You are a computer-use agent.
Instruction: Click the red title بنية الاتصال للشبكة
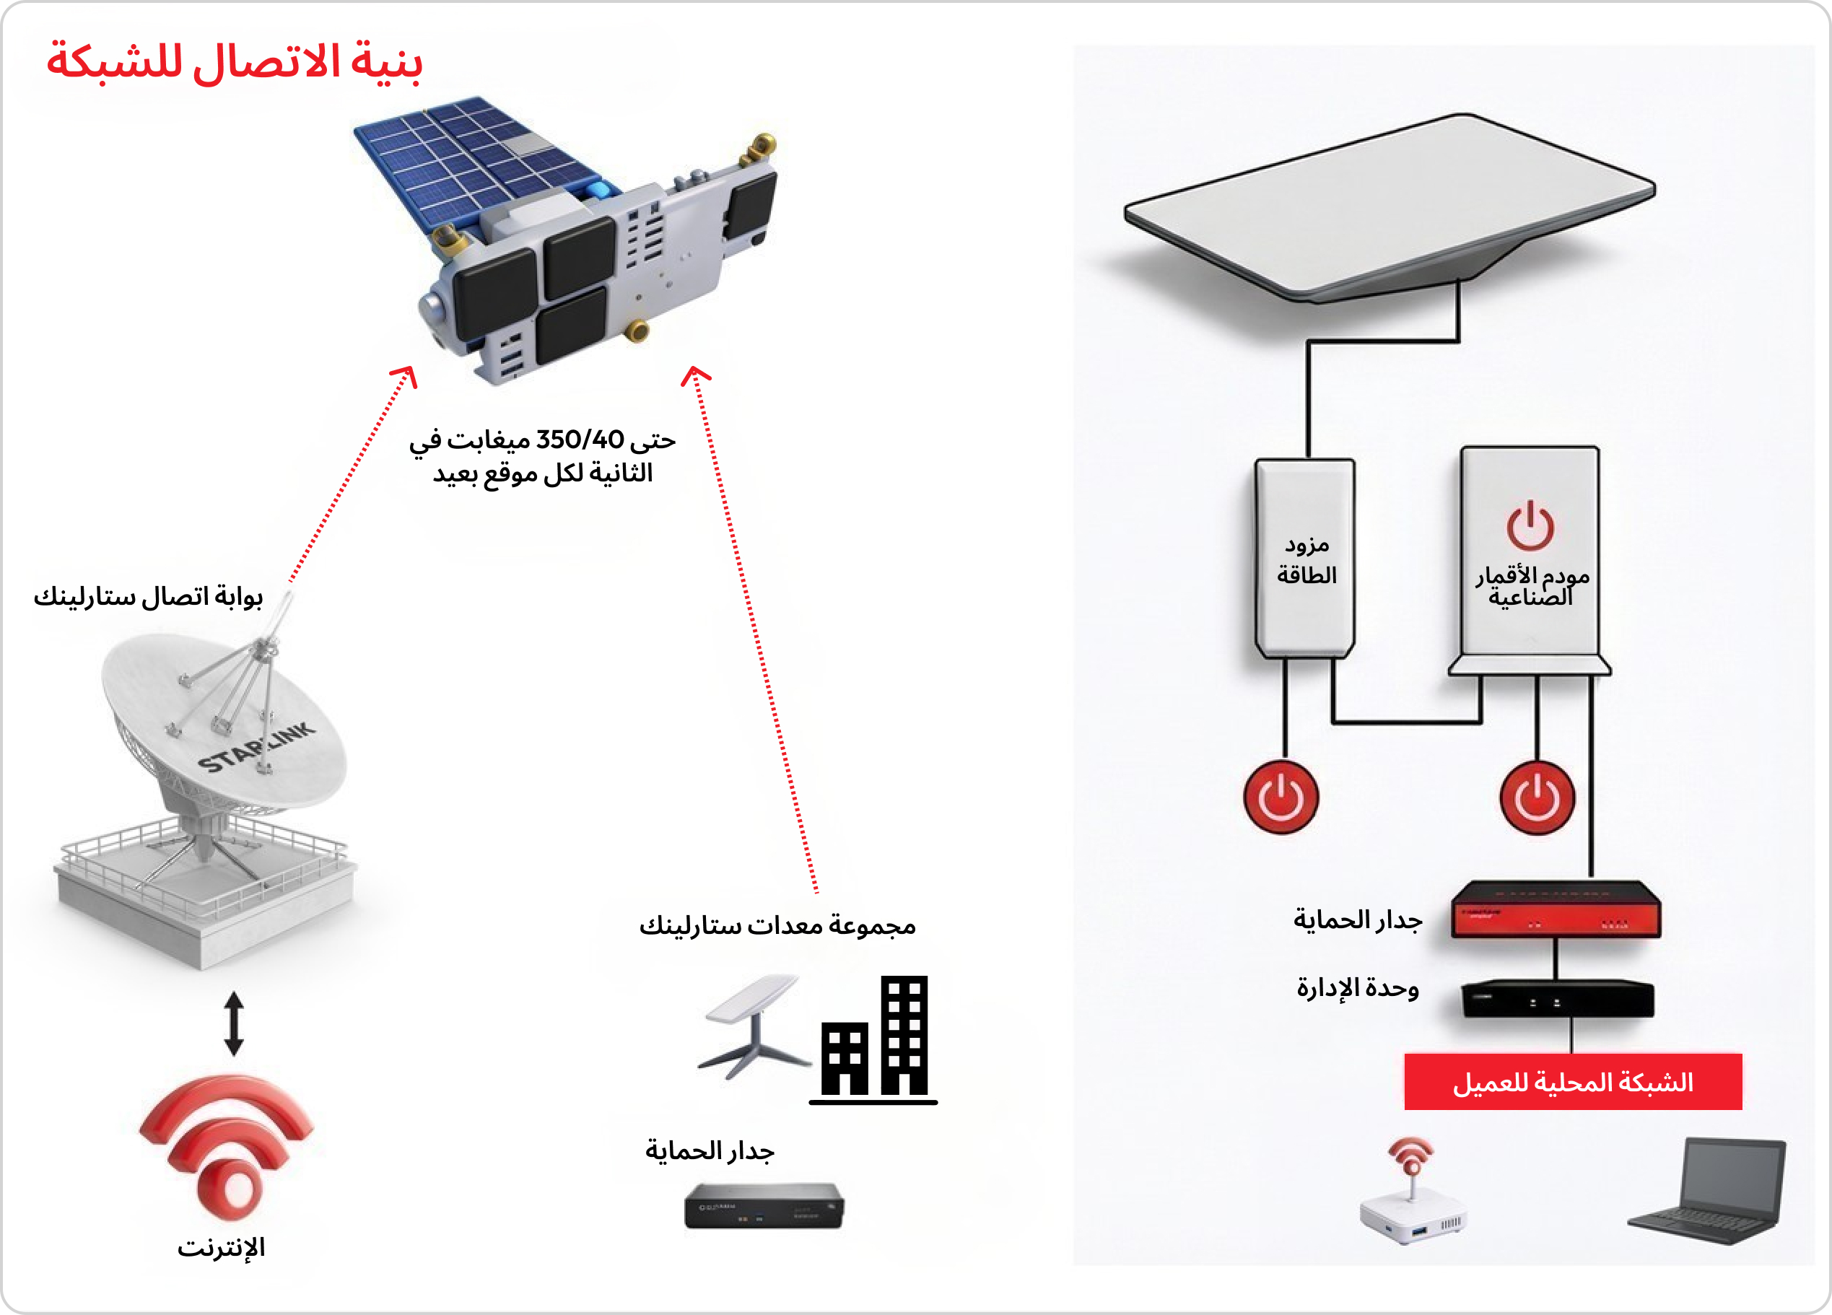pyautogui.click(x=235, y=61)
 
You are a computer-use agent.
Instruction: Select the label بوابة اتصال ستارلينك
pyautogui.click(x=148, y=597)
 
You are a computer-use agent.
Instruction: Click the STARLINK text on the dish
pyautogui.click(x=257, y=747)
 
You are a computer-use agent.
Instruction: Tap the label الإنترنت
pyautogui.click(x=222, y=1248)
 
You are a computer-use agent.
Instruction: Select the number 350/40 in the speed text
pyautogui.click(x=580, y=440)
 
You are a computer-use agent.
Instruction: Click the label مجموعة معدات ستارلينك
pyautogui.click(x=777, y=926)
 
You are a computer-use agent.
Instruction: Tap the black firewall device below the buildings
pyautogui.click(x=764, y=1206)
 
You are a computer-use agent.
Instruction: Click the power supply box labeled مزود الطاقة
pyautogui.click(x=1305, y=557)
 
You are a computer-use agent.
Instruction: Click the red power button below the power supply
pyautogui.click(x=1281, y=798)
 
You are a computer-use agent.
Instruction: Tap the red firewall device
pyautogui.click(x=1556, y=910)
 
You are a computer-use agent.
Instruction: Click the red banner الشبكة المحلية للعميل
pyautogui.click(x=1573, y=1083)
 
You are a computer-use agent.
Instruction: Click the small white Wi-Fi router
pyautogui.click(x=1413, y=1195)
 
